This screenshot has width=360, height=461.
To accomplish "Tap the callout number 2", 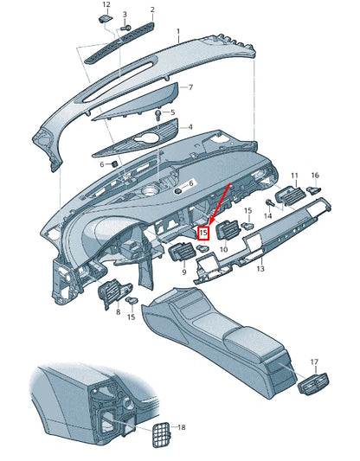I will pyautogui.click(x=152, y=10).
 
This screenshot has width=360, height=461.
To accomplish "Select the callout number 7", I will pyautogui.click(x=190, y=88).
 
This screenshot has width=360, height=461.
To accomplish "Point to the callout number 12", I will pyautogui.click(x=106, y=5).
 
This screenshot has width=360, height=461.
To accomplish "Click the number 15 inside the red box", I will pyautogui.click(x=204, y=233).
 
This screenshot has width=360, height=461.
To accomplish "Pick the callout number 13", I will pyautogui.click(x=260, y=269).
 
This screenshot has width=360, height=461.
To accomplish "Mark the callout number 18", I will pyautogui.click(x=181, y=427).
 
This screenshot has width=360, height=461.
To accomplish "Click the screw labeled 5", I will pyautogui.click(x=157, y=114).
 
